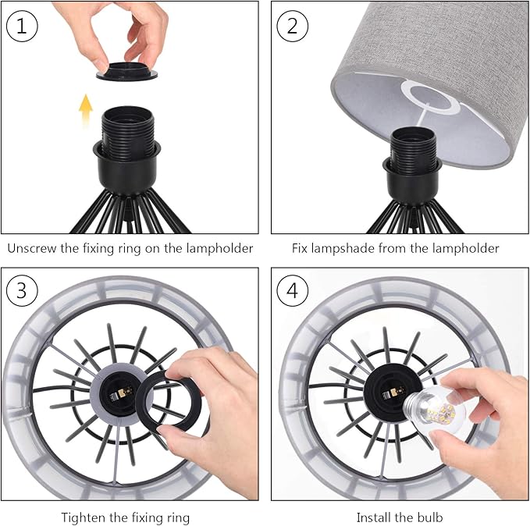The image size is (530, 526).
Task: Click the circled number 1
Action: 22,27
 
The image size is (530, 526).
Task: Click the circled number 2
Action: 293,27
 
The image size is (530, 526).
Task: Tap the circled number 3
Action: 22,291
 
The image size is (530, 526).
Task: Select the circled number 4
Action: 293,291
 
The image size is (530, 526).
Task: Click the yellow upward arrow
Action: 86,111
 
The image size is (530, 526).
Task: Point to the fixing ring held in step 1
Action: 127,71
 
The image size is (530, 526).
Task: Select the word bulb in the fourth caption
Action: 429,517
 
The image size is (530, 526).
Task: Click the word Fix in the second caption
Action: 300,248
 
